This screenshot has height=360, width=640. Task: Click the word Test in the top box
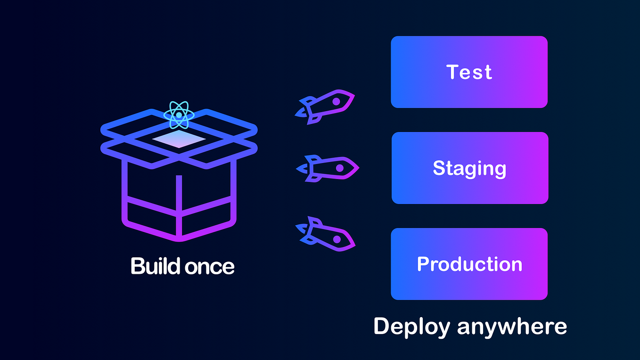pos(469,72)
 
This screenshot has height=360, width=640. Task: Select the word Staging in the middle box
pos(469,169)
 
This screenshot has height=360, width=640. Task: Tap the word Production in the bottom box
pos(469,264)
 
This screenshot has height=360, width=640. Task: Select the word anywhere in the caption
pos(512,327)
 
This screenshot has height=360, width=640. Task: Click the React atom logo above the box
pos(179,115)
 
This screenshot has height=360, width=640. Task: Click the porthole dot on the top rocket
pos(336,101)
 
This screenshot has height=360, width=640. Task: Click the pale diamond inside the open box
pos(179,139)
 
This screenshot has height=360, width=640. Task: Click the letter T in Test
pos(452,72)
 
